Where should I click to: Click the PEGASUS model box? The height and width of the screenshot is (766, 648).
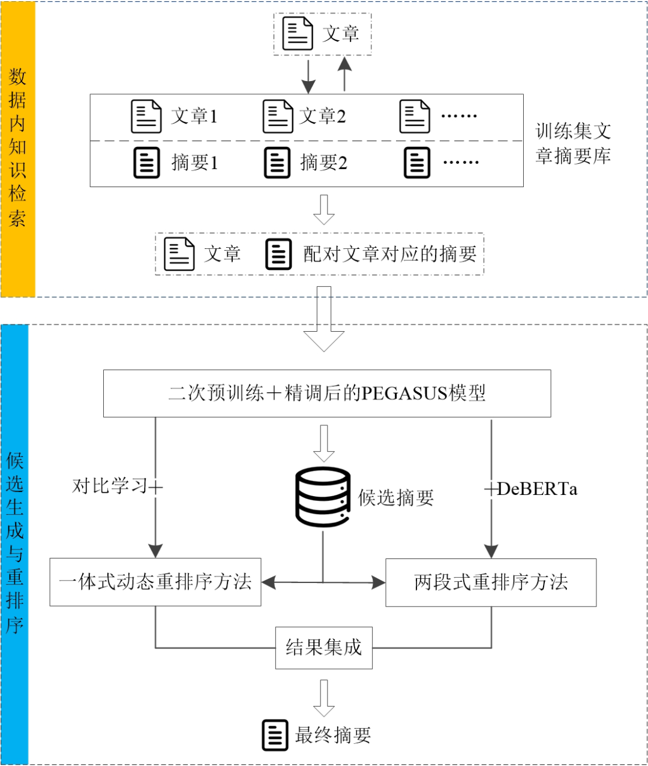[327, 393]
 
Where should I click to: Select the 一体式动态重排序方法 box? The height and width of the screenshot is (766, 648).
[155, 582]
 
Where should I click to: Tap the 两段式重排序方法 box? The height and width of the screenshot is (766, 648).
[491, 582]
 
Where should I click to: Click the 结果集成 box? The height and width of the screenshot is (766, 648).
[324, 648]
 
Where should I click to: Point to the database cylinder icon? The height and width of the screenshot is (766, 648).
[323, 497]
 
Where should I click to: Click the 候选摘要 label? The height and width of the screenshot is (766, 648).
[396, 498]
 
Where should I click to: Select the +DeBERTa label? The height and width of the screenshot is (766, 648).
[531, 489]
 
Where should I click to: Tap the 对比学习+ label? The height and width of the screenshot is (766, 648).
[118, 486]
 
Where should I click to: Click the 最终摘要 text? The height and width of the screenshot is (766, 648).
[333, 735]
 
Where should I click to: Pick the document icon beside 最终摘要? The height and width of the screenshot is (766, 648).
[275, 735]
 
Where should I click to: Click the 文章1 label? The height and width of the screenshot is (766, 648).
[194, 116]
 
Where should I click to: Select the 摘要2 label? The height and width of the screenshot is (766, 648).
[323, 163]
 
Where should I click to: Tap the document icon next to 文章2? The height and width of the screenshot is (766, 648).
[278, 116]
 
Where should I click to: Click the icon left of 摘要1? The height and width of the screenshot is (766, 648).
[146, 163]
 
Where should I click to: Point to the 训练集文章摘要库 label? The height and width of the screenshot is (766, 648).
[573, 143]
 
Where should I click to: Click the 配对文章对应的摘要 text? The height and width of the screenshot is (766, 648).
[390, 254]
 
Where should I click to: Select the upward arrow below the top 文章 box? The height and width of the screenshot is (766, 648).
[344, 74]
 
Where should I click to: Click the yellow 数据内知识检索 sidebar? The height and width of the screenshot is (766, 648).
[18, 149]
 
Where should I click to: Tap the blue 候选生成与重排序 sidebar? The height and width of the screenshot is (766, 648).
[15, 543]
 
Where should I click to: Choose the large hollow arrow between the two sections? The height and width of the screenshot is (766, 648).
[324, 319]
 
